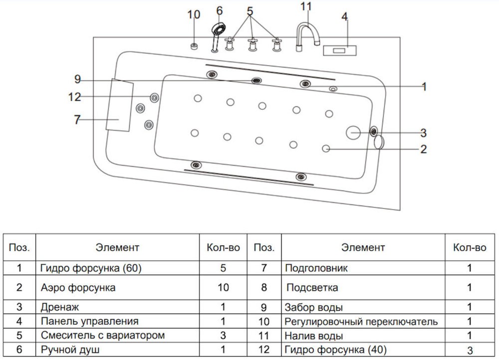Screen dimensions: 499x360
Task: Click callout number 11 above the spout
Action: point(306,6)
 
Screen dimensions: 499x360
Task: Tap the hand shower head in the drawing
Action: point(219,29)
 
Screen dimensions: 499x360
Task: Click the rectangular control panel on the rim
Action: point(339,50)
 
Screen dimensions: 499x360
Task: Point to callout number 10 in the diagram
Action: point(194,14)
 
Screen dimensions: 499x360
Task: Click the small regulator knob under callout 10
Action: point(194,46)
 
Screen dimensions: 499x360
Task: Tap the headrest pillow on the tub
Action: point(119,105)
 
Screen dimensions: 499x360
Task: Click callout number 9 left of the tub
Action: point(77,79)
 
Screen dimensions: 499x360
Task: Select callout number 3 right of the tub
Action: point(423,133)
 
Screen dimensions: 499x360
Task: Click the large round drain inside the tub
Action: point(353,132)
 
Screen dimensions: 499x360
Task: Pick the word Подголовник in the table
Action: point(316,268)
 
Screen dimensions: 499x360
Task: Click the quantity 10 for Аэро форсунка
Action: point(223,288)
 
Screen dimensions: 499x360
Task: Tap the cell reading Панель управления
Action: point(89,321)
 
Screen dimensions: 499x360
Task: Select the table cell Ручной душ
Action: point(70,350)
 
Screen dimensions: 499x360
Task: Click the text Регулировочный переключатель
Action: point(361,322)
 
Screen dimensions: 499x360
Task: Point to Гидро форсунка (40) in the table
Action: point(335,350)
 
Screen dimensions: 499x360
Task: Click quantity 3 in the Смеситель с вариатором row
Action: point(223,335)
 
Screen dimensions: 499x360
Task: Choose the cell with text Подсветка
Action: point(312,288)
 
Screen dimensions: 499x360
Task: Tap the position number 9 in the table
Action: point(264,308)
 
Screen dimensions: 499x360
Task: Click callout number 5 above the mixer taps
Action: point(250,11)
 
